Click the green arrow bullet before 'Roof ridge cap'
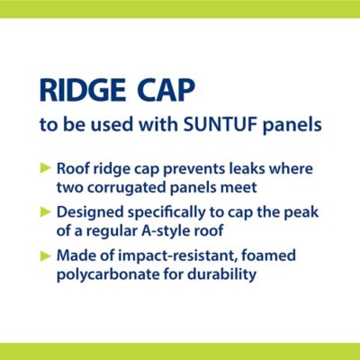(x=45, y=167)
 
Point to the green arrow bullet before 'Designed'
(x=45, y=211)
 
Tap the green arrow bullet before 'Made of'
(x=45, y=256)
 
